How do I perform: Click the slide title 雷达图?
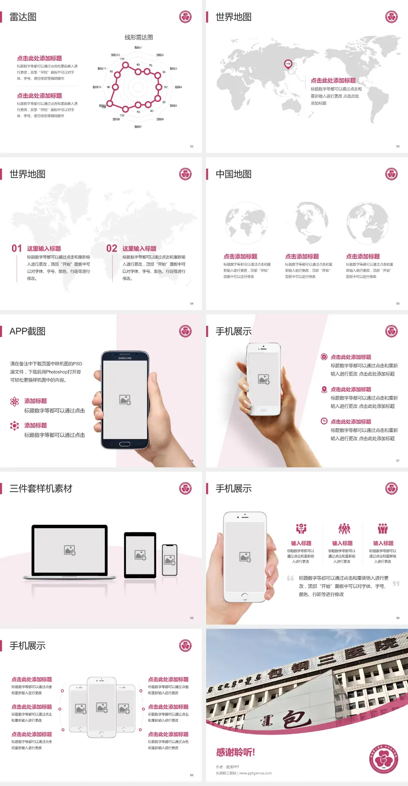[23, 17]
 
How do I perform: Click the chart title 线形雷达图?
[139, 37]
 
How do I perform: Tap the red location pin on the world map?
[288, 64]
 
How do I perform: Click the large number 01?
[17, 249]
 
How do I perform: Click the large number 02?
[112, 249]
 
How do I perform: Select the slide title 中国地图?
[233, 174]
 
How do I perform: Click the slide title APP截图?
[27, 331]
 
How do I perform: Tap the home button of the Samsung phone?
[125, 444]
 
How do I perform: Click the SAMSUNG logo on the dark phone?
[125, 358]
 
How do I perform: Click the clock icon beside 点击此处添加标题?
[324, 421]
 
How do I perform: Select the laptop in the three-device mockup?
[70, 551]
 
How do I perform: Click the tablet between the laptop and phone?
[140, 554]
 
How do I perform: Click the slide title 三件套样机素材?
[41, 489]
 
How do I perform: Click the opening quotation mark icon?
[290, 578]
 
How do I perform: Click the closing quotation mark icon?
[396, 584]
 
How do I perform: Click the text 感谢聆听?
[235, 752]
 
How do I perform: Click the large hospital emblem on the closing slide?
[383, 759]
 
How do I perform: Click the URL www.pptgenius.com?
[255, 773]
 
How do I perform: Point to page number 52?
[192, 146]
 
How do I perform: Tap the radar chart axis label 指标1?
[138, 48]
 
